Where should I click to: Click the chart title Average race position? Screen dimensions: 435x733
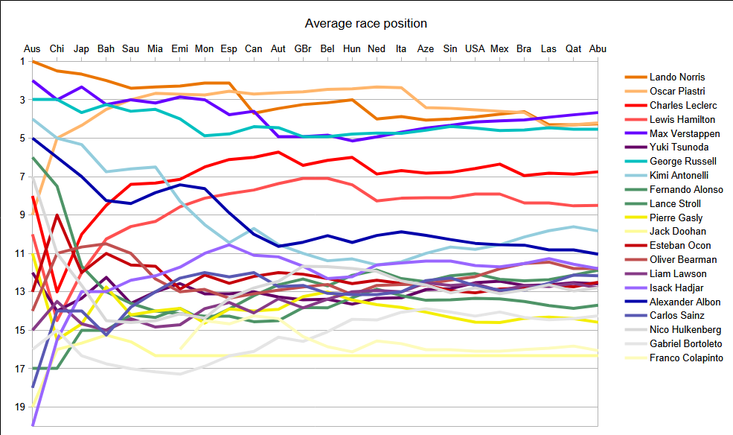[365, 24]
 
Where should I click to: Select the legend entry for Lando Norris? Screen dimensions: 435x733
[676, 77]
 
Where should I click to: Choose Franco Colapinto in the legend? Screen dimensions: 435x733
[686, 358]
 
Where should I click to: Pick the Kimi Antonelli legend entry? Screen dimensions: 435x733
[681, 176]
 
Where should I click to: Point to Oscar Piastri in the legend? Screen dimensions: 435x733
[676, 91]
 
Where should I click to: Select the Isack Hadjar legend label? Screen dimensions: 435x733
[677, 288]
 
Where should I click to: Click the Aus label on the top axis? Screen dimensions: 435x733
[32, 48]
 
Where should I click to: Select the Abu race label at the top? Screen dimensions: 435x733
[598, 48]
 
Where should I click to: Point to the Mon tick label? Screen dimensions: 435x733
[204, 48]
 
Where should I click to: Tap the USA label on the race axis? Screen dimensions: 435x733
[475, 48]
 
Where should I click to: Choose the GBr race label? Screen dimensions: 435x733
[303, 48]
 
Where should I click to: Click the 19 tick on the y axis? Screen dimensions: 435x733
[16, 407]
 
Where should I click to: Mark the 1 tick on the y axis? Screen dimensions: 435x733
[19, 61]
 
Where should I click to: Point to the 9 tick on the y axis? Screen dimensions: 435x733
[19, 215]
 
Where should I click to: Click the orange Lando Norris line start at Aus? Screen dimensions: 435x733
[33, 61]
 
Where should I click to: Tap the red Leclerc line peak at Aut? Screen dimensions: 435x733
[278, 152]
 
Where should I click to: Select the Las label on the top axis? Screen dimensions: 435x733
[548, 48]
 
